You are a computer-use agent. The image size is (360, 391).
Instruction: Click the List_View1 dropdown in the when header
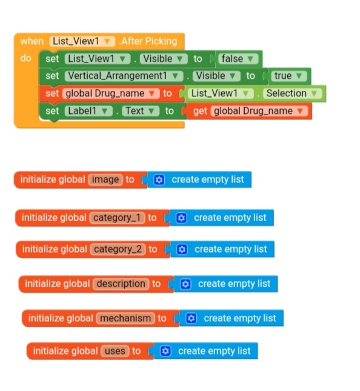coord(82,41)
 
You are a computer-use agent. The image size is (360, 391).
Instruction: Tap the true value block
coord(288,76)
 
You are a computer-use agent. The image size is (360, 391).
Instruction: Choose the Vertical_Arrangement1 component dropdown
coord(124,76)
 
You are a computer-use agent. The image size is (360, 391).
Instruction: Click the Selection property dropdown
coord(292,93)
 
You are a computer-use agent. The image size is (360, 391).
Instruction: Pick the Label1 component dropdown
coord(88,111)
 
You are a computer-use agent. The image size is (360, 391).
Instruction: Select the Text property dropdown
coord(141,111)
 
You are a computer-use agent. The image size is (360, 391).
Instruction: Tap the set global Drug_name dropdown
coord(111,93)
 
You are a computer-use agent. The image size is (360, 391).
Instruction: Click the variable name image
coord(105,179)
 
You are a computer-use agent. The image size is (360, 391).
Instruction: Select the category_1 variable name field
coord(117,218)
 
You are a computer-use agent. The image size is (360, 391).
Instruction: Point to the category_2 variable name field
coord(118,249)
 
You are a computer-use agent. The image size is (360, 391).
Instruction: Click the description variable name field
coord(121,284)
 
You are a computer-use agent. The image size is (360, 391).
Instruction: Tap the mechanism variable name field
coord(125,318)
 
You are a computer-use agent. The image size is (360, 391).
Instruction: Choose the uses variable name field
coord(115,351)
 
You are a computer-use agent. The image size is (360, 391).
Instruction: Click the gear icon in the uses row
coord(165,351)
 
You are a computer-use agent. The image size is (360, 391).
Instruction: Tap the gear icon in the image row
coord(159,179)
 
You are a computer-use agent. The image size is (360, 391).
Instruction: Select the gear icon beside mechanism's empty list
coord(192,318)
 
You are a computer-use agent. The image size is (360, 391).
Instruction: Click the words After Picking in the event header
coord(148,41)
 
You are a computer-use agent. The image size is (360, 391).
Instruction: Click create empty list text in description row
coord(234,284)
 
